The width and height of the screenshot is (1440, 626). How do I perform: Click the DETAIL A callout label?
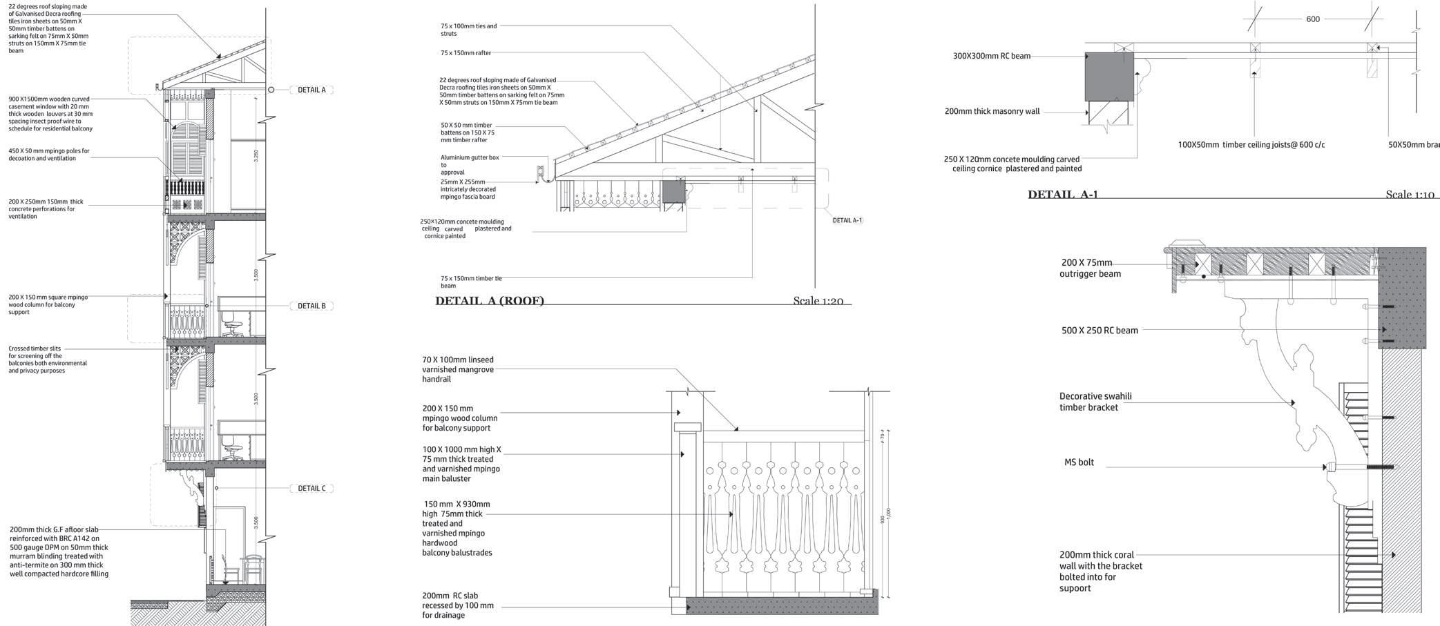point(311,90)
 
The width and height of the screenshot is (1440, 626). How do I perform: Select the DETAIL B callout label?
point(311,306)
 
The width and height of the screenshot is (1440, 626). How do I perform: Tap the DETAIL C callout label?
point(311,488)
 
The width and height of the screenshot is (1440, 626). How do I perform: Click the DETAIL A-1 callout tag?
point(847,220)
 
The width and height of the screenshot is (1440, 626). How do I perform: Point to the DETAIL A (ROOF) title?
point(490,300)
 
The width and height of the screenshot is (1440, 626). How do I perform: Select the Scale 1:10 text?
point(1410,194)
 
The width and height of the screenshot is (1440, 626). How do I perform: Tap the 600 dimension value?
point(1313,19)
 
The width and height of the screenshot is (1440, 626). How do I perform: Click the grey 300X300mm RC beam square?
point(1109,76)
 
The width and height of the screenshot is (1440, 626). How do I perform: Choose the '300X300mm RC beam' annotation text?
point(991,56)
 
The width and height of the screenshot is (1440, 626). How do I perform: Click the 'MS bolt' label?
point(1079,462)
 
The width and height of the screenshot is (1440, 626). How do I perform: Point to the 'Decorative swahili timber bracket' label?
point(1095,402)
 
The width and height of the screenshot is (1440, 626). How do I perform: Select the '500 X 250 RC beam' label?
point(1100,331)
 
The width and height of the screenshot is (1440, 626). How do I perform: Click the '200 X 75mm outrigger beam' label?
point(1090,268)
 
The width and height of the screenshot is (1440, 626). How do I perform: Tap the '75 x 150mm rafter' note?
point(465,52)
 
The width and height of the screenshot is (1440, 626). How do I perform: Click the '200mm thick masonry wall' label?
point(992,111)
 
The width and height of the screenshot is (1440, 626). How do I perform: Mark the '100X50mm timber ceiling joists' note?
point(1251,145)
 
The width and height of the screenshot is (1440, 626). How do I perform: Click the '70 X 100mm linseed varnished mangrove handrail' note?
point(458,369)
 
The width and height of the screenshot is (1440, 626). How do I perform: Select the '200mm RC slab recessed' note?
point(458,605)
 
